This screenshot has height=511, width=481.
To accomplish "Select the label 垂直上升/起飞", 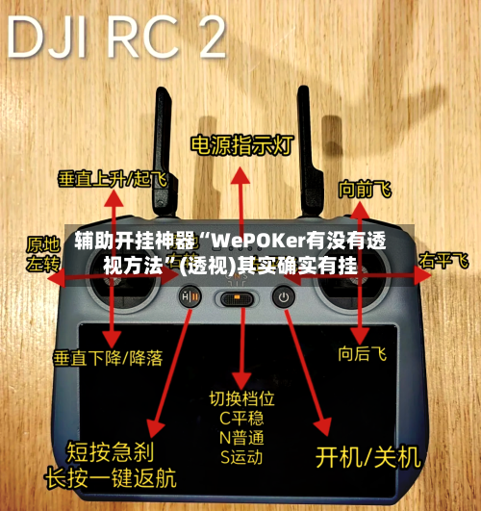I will coord(112,179).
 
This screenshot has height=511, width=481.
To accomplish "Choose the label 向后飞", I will coord(362,354).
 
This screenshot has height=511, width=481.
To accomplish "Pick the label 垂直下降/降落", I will coord(107,358).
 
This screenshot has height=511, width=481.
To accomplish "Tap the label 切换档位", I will coord(242,397).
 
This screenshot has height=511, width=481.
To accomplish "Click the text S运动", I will coord(240,457).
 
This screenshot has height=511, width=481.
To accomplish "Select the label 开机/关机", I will coord(369,453).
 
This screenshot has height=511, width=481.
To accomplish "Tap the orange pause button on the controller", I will coord(190,297).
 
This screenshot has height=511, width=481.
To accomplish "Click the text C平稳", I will coord(240,418).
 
